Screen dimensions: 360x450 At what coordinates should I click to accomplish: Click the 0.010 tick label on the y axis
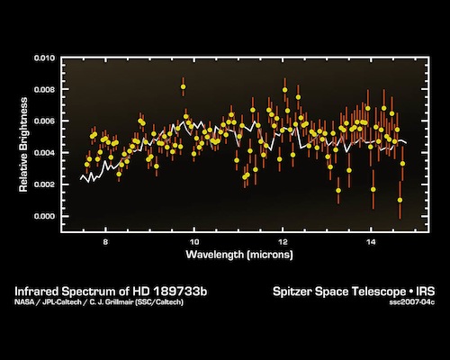[x=46, y=58]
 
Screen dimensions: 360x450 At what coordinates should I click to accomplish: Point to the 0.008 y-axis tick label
[x=46, y=90]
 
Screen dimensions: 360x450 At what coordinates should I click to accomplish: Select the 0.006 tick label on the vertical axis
[x=46, y=121]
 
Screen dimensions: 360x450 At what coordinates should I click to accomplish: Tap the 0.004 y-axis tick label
[x=46, y=153]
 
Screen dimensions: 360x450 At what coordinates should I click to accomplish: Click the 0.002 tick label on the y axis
[x=46, y=184]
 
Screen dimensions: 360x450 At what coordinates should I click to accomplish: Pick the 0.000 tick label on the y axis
[x=46, y=216]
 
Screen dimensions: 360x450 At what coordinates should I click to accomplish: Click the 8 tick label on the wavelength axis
[x=106, y=242]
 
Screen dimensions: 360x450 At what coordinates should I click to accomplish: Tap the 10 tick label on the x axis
[x=194, y=242]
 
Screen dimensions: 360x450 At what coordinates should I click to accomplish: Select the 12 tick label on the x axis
[x=283, y=242]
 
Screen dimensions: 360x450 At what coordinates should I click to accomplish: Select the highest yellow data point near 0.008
[x=184, y=87]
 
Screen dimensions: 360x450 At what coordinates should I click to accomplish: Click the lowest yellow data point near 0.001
[x=400, y=200]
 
